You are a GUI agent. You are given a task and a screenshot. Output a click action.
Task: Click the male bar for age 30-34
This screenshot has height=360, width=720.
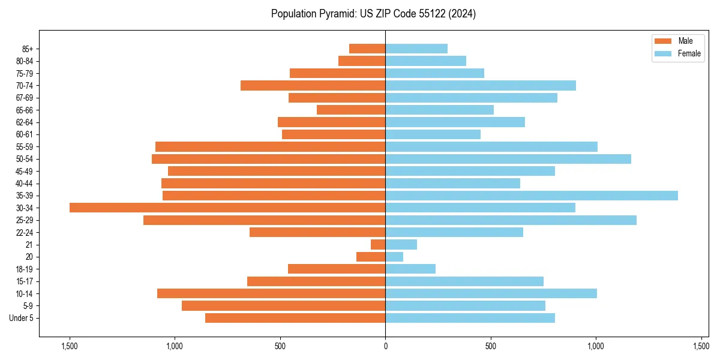227,208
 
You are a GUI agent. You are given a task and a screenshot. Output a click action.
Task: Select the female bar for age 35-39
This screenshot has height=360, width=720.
532,196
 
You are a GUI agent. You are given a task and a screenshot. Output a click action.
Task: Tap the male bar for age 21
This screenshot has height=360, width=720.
378,244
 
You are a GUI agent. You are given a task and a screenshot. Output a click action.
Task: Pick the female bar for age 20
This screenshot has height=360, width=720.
394,257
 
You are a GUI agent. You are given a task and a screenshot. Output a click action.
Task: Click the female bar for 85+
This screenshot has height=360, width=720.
416,49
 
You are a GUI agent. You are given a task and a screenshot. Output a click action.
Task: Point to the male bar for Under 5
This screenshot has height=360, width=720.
295,318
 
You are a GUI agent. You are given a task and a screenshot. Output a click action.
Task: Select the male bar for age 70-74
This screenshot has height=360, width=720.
313,85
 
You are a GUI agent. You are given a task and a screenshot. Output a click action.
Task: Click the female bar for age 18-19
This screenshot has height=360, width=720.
410,269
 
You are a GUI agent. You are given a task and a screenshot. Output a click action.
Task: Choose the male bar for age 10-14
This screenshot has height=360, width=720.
271,293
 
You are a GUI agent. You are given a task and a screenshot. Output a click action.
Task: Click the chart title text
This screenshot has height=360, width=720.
373,14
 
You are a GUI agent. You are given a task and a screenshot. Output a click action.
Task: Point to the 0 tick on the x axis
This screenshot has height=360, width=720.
385,346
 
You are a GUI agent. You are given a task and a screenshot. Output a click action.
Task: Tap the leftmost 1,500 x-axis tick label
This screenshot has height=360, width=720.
70,346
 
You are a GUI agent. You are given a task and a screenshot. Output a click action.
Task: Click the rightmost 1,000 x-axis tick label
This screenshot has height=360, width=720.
596,346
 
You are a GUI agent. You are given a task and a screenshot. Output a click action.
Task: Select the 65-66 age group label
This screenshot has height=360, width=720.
25,110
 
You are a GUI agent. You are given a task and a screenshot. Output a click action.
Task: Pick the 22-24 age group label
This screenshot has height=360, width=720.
25,232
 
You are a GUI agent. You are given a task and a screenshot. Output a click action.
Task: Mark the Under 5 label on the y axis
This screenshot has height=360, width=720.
22,318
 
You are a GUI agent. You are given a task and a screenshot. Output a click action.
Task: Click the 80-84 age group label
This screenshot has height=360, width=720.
25,61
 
